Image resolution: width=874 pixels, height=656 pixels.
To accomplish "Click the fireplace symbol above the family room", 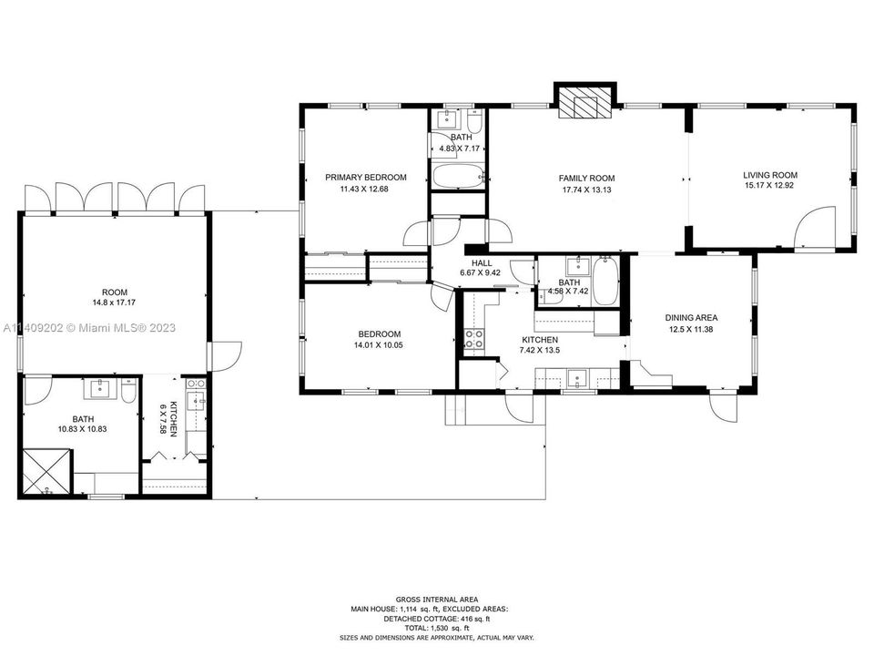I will coord(583,103).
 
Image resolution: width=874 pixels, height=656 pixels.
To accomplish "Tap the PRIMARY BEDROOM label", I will coord(366,178).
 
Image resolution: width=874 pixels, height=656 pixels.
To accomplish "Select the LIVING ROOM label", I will coord(769,176).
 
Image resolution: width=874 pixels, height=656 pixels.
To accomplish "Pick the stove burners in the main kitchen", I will coord(474,339).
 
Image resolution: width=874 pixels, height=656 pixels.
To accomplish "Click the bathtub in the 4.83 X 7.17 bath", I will coord(457,176).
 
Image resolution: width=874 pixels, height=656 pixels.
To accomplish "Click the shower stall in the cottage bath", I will coord(45,472).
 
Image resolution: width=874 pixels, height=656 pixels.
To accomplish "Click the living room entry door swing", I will coord(813,227).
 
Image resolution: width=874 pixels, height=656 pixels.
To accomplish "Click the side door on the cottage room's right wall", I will coord(225,356).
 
